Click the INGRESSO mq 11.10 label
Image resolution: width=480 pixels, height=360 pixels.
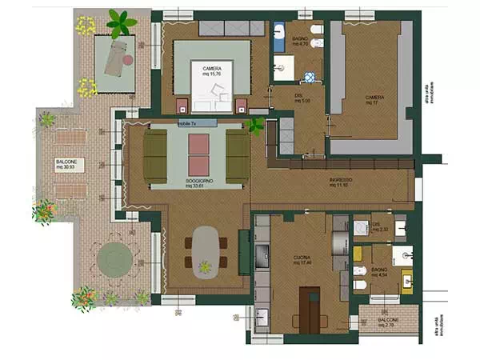point(342,183)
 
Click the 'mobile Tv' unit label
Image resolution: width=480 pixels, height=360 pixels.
point(186,124)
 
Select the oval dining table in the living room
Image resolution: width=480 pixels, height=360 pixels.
point(206,250)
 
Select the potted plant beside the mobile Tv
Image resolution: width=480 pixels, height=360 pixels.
point(256,126)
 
